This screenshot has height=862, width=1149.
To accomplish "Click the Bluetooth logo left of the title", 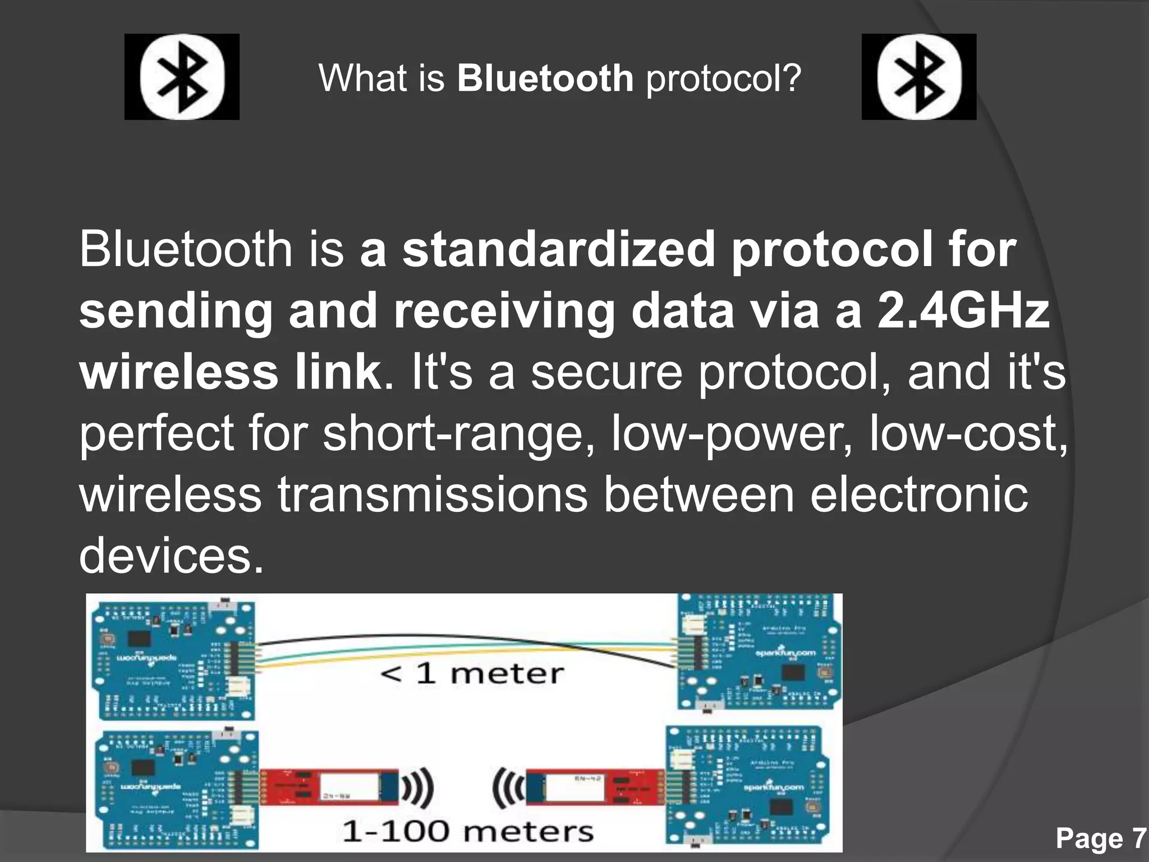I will (182, 77).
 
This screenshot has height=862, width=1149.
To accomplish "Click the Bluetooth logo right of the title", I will (919, 77).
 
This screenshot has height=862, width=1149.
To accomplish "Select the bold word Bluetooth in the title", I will (545, 78).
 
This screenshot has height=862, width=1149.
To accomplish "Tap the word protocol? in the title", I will (724, 79).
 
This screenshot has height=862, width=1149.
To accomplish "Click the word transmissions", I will (433, 494).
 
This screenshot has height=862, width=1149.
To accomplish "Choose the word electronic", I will (919, 494).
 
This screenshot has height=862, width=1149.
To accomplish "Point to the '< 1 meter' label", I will (471, 673).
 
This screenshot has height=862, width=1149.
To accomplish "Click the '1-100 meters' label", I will (467, 831).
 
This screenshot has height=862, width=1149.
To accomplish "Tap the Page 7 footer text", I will (1100, 838).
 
